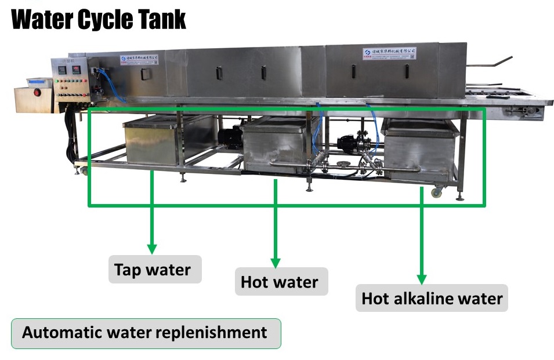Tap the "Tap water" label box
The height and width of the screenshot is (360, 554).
coord(153,270)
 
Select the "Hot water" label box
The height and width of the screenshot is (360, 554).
coord(280,282)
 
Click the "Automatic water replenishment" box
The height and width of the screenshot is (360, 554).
coord(145,333)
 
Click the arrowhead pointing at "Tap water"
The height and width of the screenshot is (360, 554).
coord(152,248)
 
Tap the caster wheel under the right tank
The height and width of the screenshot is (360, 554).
coord(435,192)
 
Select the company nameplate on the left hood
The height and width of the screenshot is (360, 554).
coord(140,59)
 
